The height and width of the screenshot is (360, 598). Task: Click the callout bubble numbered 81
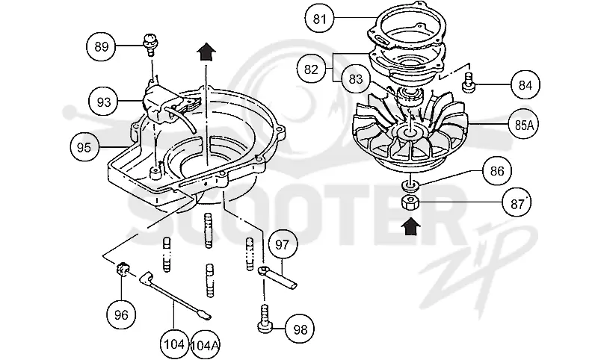click(320, 19)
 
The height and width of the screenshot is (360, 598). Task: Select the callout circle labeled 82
click(311, 69)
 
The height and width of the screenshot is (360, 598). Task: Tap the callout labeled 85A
click(524, 125)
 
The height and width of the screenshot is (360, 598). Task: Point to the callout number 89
click(102, 46)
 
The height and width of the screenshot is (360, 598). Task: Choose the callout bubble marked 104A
click(205, 345)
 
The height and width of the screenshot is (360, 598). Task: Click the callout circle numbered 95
click(84, 147)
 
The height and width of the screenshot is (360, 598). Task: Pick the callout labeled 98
click(300, 329)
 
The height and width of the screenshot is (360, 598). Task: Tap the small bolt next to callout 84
click(469, 83)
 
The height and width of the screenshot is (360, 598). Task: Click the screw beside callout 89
click(150, 44)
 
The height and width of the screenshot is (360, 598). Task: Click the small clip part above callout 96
click(122, 269)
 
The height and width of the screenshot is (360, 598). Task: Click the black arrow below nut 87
click(410, 226)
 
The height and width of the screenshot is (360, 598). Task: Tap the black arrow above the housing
click(206, 52)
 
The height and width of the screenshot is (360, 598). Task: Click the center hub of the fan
click(410, 132)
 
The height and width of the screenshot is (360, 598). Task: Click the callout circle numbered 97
click(283, 244)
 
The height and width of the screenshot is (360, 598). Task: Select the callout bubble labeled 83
click(356, 79)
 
